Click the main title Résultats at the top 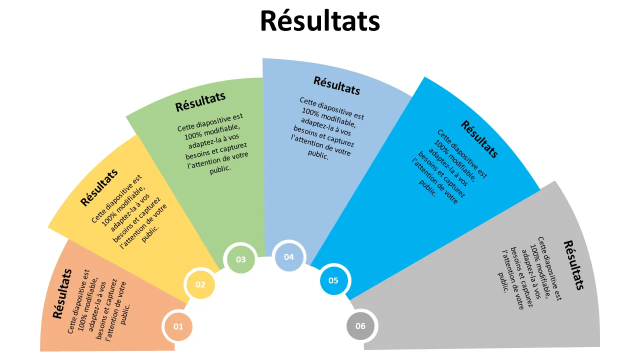coord(320,21)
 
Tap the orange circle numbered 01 coord(178,326)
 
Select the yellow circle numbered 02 coord(200,284)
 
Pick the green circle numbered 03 coord(240,259)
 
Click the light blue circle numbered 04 coord(289,257)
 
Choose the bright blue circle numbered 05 coord(333,280)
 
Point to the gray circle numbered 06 coord(360,326)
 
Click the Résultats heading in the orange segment coord(62,293)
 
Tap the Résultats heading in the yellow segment coord(99,187)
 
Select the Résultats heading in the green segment coord(200,101)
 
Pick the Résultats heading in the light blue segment coord(337,85)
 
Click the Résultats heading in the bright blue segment coord(479,139)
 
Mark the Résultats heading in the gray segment coord(573,265)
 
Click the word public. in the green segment coord(220,169)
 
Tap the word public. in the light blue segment coord(318,154)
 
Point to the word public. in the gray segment coord(503,282)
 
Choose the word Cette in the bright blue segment coord(444,136)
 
